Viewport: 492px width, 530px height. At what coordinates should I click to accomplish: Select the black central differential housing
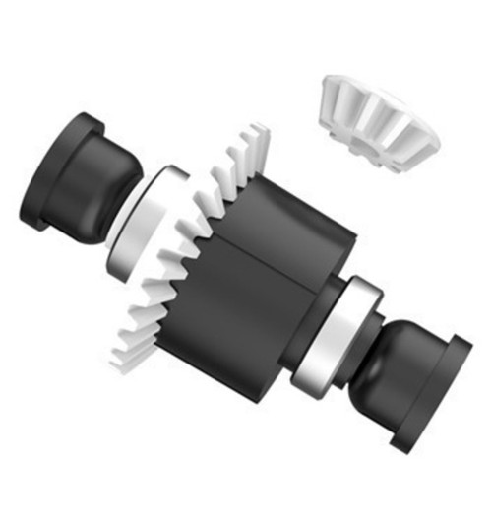pos(261,286)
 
